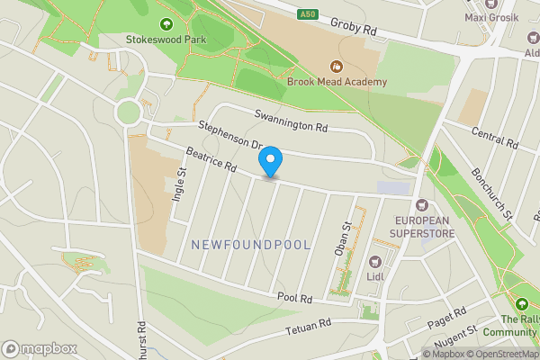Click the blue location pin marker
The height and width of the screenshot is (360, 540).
[270, 162]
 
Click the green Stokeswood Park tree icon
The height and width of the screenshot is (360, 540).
[166, 24]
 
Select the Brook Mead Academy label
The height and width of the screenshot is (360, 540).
[337, 82]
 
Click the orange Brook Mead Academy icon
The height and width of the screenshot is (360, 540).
[336, 66]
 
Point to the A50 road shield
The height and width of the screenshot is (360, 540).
[309, 13]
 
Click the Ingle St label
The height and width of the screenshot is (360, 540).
[180, 184]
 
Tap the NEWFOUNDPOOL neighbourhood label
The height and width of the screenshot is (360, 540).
[251, 245]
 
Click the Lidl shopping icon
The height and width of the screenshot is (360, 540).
[375, 261]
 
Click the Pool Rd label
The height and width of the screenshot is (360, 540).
[294, 298]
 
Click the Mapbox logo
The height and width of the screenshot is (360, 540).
[39, 348]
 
